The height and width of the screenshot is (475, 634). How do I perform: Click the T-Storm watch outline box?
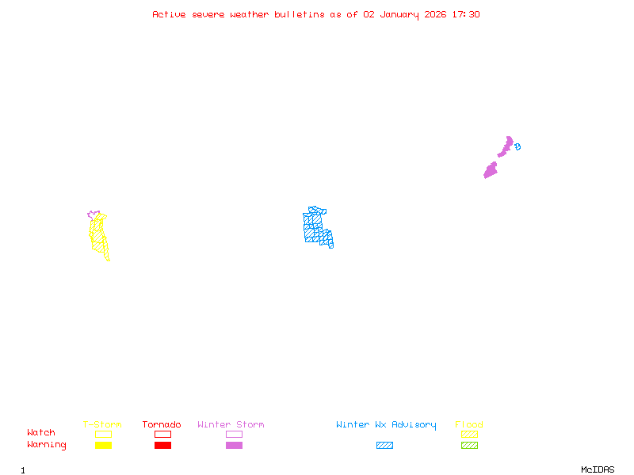[x=103, y=434]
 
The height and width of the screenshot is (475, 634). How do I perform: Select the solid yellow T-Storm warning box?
[x=103, y=446]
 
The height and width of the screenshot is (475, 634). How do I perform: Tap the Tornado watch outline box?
[x=162, y=434]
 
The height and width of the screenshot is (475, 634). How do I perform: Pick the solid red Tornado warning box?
[x=162, y=446]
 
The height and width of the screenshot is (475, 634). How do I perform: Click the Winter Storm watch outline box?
[x=234, y=434]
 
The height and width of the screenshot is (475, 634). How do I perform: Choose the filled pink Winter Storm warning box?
[x=234, y=446]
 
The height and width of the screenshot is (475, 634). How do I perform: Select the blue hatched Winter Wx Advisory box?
[x=384, y=446]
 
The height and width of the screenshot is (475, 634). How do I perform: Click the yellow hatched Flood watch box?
[x=469, y=434]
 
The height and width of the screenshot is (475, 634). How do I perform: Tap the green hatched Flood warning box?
[x=469, y=446]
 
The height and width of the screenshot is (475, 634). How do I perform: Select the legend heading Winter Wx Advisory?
[x=386, y=425]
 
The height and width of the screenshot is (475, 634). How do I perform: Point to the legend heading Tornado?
[x=162, y=425]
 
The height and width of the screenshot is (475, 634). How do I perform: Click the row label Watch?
[x=41, y=433]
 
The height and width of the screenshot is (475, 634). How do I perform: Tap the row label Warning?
[x=47, y=445]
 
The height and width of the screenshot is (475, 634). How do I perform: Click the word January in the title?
[x=399, y=14]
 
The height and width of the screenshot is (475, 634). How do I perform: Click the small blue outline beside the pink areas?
[x=518, y=146]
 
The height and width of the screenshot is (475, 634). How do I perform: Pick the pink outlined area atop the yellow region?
[x=93, y=215]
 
